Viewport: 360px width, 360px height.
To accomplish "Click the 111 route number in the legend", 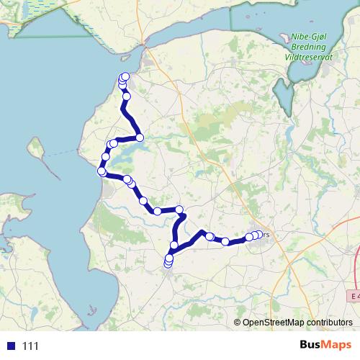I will pyautogui.click(x=30, y=346).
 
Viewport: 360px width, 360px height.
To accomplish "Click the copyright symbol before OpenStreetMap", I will pyautogui.click(x=238, y=323).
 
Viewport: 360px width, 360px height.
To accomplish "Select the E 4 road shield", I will pyautogui.click(x=353, y=296).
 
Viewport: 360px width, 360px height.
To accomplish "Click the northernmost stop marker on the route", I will pyautogui.click(x=125, y=76).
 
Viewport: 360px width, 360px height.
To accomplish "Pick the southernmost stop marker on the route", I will pyautogui.click(x=168, y=264).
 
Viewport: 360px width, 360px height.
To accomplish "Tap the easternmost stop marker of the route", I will pyautogui.click(x=258, y=235).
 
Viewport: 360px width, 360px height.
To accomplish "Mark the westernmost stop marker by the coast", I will pyautogui.click(x=102, y=171).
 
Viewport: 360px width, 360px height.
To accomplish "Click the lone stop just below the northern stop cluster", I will pyautogui.click(x=127, y=96).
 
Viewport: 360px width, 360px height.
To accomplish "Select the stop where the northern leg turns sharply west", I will pyautogui.click(x=140, y=137).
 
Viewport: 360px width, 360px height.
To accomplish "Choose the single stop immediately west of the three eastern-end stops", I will pyautogui.click(x=225, y=241).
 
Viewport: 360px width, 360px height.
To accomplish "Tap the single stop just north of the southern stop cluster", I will pyautogui.click(x=174, y=246).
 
